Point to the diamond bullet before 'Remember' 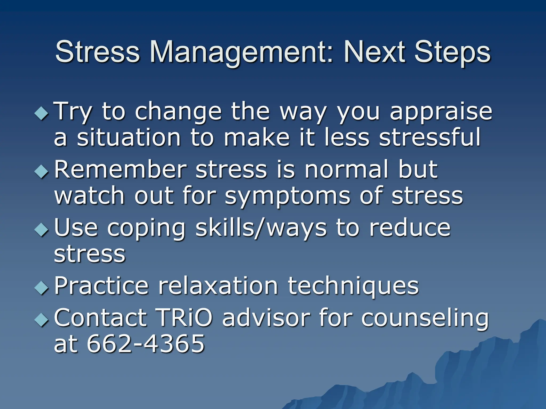42,171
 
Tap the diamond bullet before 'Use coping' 42,229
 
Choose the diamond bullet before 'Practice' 42,288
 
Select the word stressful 429,137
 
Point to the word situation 129,137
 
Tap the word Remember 120,169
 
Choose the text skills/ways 261,228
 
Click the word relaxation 218,286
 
